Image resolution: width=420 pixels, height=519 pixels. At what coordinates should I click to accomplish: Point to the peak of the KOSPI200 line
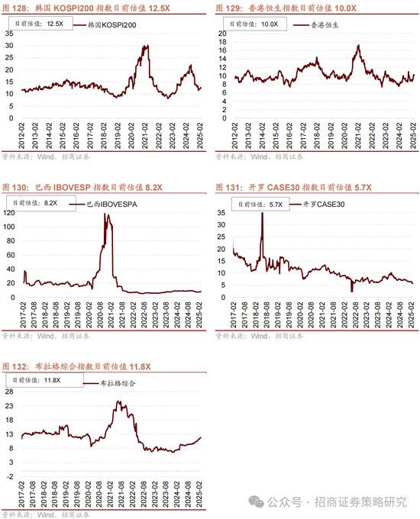(x=145, y=46)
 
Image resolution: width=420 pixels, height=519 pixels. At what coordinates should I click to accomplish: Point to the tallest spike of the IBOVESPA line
(x=105, y=215)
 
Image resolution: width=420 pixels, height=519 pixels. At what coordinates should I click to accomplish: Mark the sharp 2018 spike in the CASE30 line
(x=262, y=214)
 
